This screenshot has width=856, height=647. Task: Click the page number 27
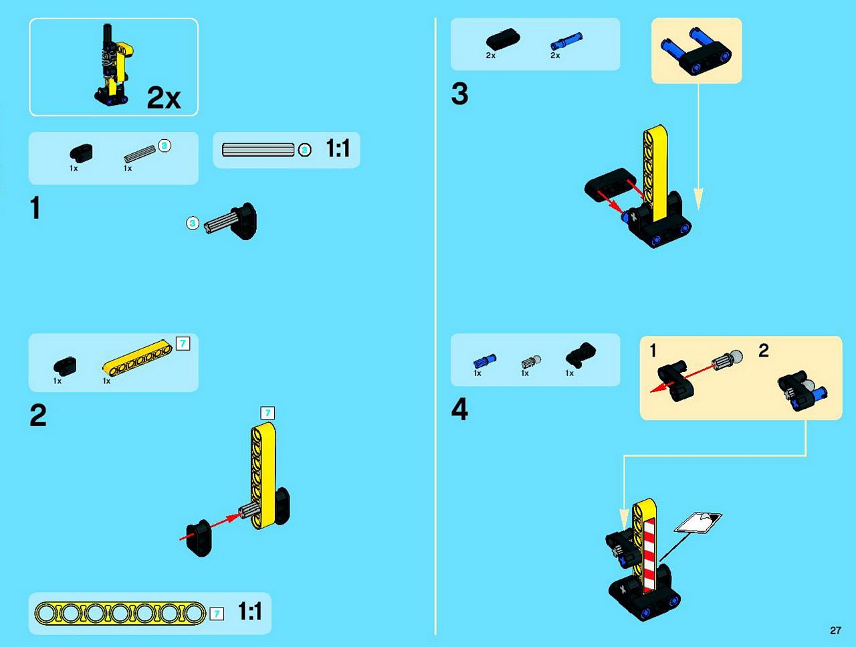coord(835,630)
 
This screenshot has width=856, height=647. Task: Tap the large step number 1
coord(35,207)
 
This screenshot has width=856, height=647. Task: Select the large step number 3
coord(460,94)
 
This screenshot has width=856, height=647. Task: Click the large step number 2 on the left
coord(38,415)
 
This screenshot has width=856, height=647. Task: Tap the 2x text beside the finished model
coord(164,98)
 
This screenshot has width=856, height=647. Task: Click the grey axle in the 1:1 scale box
coord(258,150)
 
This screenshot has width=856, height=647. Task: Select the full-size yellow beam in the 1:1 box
coord(120,613)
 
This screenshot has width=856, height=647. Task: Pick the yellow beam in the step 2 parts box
coord(137,357)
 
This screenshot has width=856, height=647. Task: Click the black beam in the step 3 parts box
coord(503,39)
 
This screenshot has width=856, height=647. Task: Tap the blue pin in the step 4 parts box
coord(485,361)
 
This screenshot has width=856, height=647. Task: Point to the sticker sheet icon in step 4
coord(698,522)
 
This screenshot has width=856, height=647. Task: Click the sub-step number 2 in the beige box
coord(763,350)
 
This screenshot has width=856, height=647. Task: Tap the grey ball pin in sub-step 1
coord(727,360)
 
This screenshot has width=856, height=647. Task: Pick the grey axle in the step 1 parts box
coord(140,154)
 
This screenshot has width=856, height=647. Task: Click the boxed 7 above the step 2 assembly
coord(267,413)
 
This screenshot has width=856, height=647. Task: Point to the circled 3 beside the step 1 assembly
coord(192,223)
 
